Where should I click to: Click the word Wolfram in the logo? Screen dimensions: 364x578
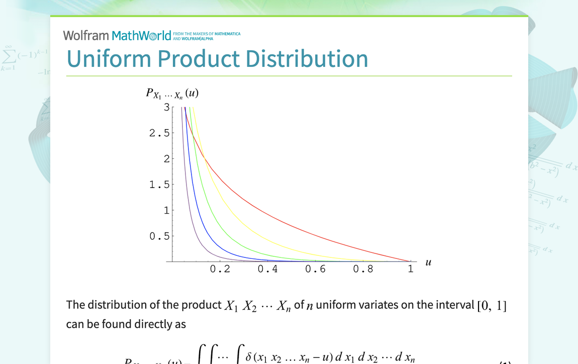pyautogui.click(x=86, y=36)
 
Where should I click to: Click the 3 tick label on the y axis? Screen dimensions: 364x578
pyautogui.click(x=166, y=107)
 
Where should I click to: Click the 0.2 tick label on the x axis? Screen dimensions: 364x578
pyautogui.click(x=220, y=269)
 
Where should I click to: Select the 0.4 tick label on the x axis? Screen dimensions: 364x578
pyautogui.click(x=267, y=269)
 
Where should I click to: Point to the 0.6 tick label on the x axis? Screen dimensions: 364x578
pyautogui.click(x=315, y=269)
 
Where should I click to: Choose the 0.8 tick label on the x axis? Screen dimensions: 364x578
pyautogui.click(x=363, y=269)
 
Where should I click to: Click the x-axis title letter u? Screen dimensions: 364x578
pyautogui.click(x=428, y=262)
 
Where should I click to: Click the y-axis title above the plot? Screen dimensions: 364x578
pyautogui.click(x=172, y=94)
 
